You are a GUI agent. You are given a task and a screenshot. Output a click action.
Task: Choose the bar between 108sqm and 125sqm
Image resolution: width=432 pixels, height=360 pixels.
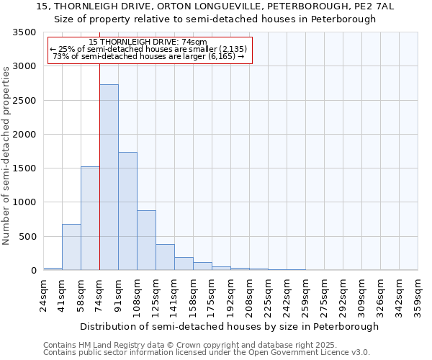(146, 240)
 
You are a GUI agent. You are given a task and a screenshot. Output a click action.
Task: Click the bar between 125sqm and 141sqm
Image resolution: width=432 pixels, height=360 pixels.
(165, 257)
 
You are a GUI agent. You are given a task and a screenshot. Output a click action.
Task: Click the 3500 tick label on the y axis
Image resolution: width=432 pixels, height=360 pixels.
(24, 33)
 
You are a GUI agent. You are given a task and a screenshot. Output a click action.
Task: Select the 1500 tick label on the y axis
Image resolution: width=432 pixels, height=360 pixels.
(24, 168)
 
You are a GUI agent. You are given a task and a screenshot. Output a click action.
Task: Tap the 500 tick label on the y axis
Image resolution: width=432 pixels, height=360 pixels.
(27, 237)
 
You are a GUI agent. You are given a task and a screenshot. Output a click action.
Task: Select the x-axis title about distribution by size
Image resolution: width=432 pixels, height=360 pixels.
(229, 326)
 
